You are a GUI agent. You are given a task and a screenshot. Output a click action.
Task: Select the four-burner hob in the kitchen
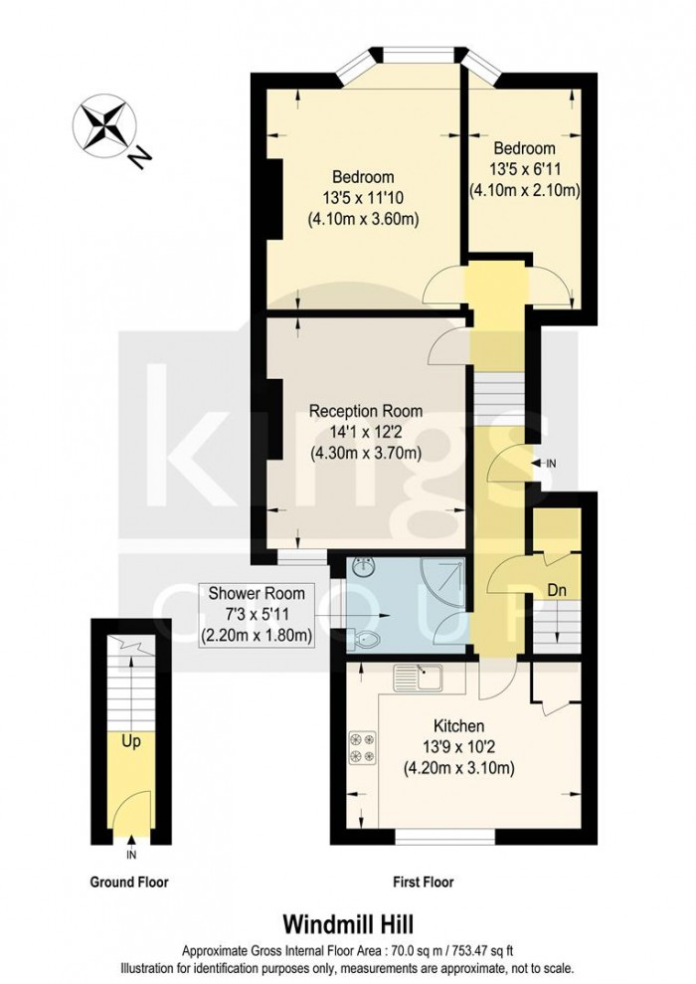pyautogui.click(x=360, y=747)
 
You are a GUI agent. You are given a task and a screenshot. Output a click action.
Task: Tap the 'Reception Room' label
pyautogui.click(x=365, y=411)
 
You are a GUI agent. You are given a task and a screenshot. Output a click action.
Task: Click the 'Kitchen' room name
pyautogui.click(x=458, y=725)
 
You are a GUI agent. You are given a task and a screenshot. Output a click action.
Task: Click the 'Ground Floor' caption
pyautogui.click(x=129, y=882)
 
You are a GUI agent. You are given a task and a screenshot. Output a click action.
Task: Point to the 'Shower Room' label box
pyautogui.click(x=257, y=615)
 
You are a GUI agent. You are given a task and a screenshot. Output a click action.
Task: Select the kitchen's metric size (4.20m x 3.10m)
pyautogui.click(x=458, y=767)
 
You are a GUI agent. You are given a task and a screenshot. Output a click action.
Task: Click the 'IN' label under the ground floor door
pyautogui.click(x=131, y=855)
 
